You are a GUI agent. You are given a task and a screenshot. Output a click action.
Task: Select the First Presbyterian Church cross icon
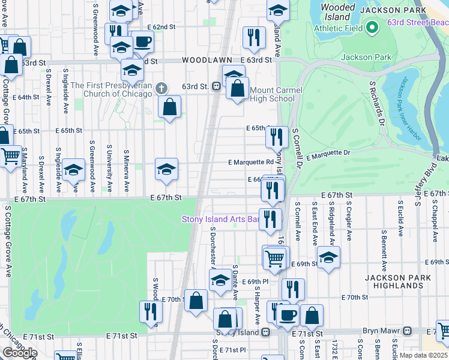coord(160,88)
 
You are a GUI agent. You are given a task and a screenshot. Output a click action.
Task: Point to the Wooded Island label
coord(338,12)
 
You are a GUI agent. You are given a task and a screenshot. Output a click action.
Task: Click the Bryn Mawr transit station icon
coord(408,331)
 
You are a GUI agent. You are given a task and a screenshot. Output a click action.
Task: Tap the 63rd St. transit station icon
coord(215,86)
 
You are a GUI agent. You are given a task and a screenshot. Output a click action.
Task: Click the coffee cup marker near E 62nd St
coord(142,42)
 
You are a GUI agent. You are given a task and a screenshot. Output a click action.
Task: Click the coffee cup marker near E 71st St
coord(287,314)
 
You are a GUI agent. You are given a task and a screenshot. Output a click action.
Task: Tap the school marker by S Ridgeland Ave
coord(328,259)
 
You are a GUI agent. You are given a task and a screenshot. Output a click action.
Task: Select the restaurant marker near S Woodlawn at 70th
coord(150,311)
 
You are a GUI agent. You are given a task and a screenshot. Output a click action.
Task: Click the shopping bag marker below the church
coord(170,107)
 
